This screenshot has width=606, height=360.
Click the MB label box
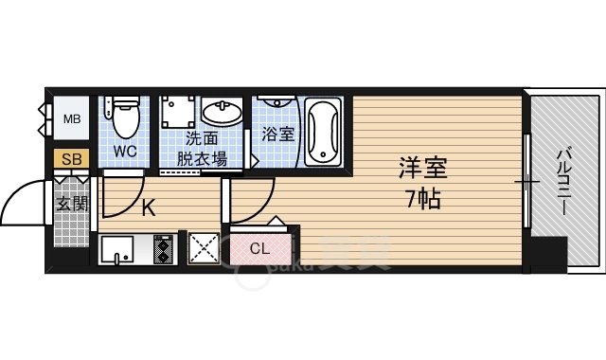(71, 119)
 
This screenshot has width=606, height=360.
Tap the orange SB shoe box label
(71, 159)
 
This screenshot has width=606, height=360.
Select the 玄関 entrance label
(70, 202)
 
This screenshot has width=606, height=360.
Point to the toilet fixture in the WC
(123, 117)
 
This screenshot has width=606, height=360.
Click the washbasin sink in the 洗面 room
(222, 113)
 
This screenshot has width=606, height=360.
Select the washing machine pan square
(177, 115)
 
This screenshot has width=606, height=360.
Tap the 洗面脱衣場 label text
(205, 149)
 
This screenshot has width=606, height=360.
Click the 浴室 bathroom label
(277, 134)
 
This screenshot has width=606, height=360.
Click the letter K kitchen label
(149, 208)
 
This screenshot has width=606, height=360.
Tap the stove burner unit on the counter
(164, 250)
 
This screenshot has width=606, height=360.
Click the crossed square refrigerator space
(204, 249)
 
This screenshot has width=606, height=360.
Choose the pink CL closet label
(259, 249)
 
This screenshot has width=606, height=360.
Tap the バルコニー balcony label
(561, 178)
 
